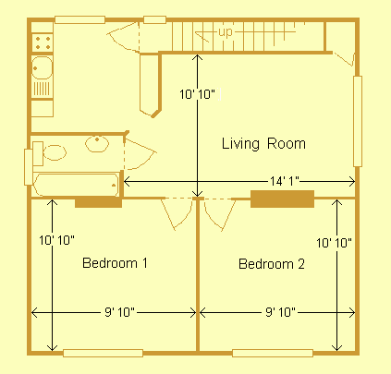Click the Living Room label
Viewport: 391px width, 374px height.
pos(263,144)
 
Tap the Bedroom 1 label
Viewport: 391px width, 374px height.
pos(116,263)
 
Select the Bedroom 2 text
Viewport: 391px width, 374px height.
pos(271,264)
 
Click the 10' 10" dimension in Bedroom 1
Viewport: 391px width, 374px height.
pos(55,240)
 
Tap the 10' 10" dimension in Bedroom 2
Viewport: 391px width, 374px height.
pos(334,242)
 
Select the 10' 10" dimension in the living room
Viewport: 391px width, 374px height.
pos(199,93)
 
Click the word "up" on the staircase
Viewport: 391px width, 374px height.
pos(226,33)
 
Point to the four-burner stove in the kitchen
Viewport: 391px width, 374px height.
pos(42,41)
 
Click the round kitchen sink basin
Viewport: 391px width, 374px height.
pos(42,66)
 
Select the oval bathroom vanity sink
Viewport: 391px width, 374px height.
pos(96,143)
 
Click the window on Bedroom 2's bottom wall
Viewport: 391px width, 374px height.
pos(272,352)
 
